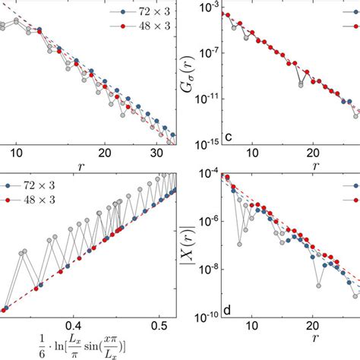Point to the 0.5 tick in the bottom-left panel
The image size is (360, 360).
click(x=156, y=324)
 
